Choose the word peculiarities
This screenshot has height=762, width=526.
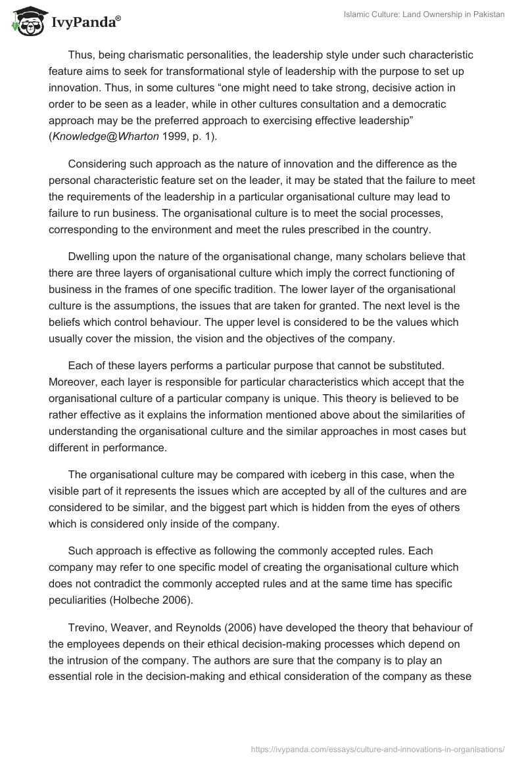click(82, 600)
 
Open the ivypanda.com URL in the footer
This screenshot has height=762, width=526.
click(378, 748)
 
